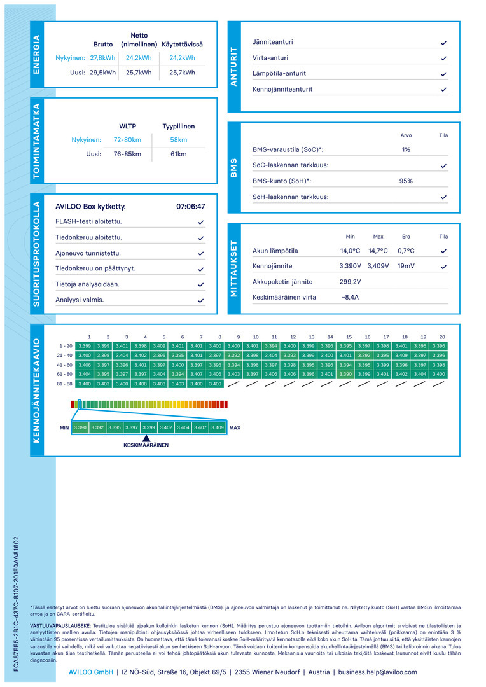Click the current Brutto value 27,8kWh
coord(102,58)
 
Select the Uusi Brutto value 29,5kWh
coord(102,73)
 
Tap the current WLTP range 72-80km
coord(127,140)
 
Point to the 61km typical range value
coord(178,154)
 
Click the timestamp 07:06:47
coord(191,206)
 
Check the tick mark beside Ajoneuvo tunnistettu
coord(201,254)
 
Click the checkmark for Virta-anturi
coord(443,59)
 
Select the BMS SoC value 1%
coord(406,149)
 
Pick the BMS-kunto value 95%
coord(406,181)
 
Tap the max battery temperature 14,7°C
coord(378,251)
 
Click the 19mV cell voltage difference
coord(406,266)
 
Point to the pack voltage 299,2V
coord(350,282)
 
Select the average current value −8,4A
coord(350,297)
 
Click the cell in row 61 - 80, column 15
coord(345,374)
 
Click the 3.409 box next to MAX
coord(218,427)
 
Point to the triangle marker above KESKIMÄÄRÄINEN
coord(146,438)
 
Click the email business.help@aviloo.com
coord(377,672)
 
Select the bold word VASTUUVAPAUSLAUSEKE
coord(60,626)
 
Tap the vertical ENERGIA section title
coord(37,54)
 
